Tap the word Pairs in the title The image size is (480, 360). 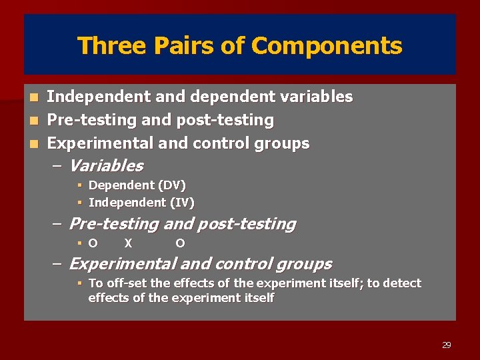(174, 46)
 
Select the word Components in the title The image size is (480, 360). (327, 46)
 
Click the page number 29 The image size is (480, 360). (447, 345)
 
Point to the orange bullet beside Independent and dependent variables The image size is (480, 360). (37, 97)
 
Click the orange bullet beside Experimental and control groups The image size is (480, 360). (37, 144)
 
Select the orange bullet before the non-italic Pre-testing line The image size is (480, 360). (37, 121)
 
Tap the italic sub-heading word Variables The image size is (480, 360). (106, 165)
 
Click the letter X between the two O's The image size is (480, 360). (128, 243)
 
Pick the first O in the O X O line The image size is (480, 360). (93, 243)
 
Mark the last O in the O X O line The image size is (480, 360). (180, 243)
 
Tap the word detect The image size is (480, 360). (402, 283)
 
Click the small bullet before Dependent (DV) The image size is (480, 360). (79, 185)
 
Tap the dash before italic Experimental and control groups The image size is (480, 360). (57, 264)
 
